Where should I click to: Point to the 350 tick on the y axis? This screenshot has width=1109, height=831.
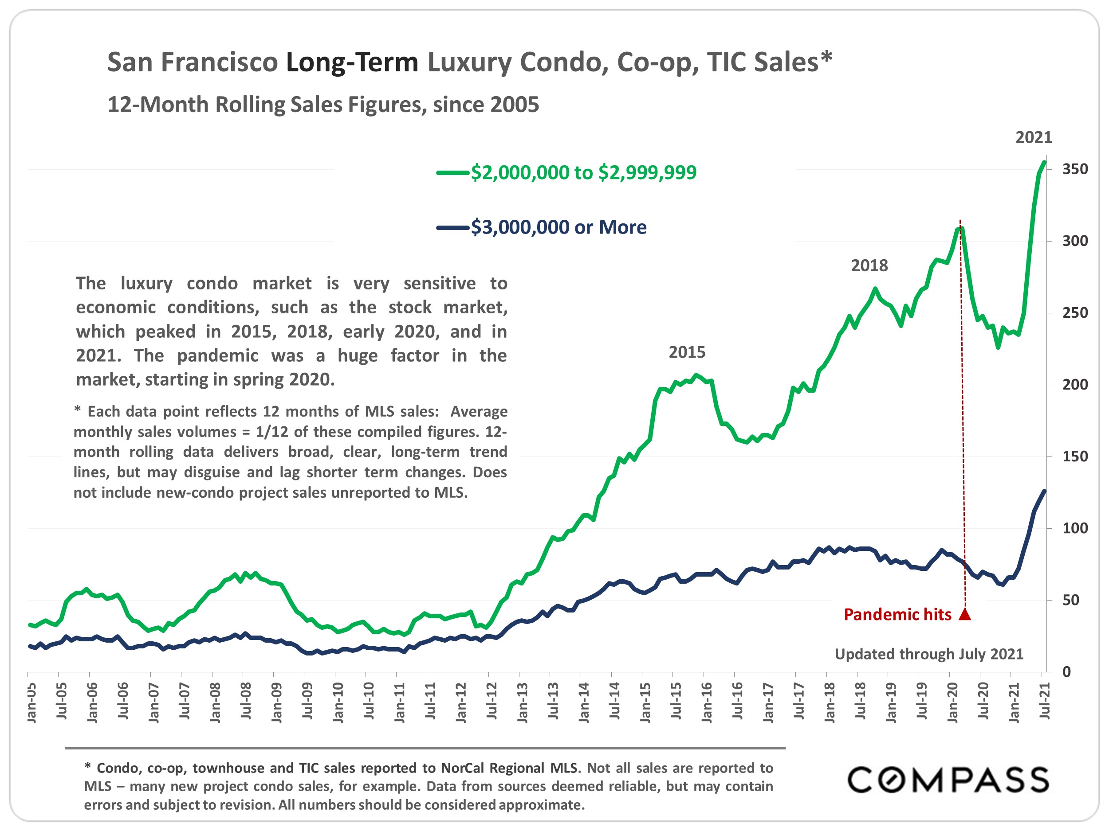pyautogui.click(x=1075, y=169)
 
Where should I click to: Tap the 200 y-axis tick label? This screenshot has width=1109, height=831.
pyautogui.click(x=1075, y=385)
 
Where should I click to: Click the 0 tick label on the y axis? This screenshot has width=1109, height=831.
pyautogui.click(x=1066, y=672)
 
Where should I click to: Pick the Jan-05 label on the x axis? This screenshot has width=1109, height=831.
pyautogui.click(x=31, y=702)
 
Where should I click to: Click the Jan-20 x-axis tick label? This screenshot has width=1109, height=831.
pyautogui.click(x=952, y=702)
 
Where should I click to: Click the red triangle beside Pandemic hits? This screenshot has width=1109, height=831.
pyautogui.click(x=965, y=615)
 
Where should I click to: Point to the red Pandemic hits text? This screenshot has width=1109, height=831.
pyautogui.click(x=897, y=615)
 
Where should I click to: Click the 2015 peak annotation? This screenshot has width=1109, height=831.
pyautogui.click(x=687, y=353)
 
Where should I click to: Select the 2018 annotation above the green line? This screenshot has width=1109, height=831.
pyautogui.click(x=869, y=265)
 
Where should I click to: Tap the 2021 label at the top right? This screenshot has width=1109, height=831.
pyautogui.click(x=1034, y=137)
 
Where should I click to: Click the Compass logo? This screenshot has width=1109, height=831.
pyautogui.click(x=948, y=780)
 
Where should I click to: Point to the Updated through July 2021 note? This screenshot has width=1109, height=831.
pyautogui.click(x=928, y=654)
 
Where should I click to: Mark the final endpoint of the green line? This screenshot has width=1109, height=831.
pyautogui.click(x=1044, y=162)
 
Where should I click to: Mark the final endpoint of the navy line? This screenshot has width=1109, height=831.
pyautogui.click(x=1044, y=491)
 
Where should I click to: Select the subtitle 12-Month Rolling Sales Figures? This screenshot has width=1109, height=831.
pyautogui.click(x=323, y=105)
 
